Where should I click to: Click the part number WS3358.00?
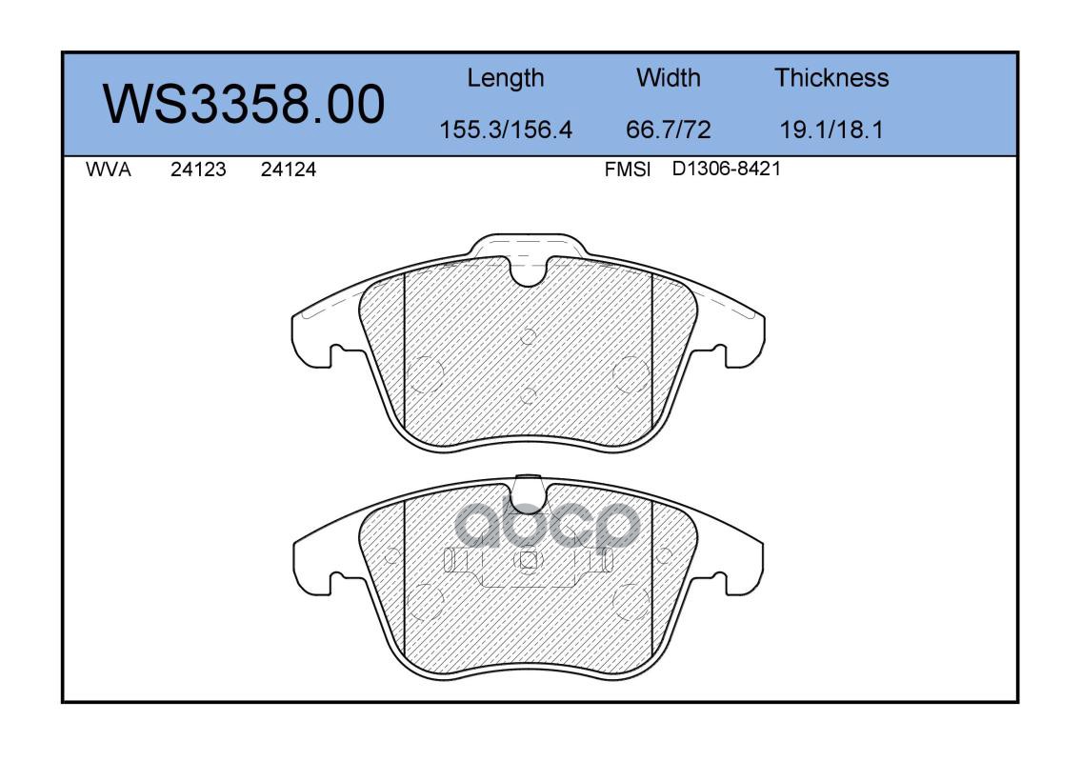tap(244, 104)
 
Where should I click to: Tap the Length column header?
tap(506, 78)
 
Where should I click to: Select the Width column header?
tap(668, 77)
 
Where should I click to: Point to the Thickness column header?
tap(831, 77)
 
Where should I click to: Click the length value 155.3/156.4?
tap(506, 130)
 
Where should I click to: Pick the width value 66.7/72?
tap(668, 130)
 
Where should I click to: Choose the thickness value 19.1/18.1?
tap(831, 130)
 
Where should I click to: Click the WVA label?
tap(109, 170)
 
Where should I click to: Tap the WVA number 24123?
tap(198, 170)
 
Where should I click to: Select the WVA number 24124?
tap(289, 170)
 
